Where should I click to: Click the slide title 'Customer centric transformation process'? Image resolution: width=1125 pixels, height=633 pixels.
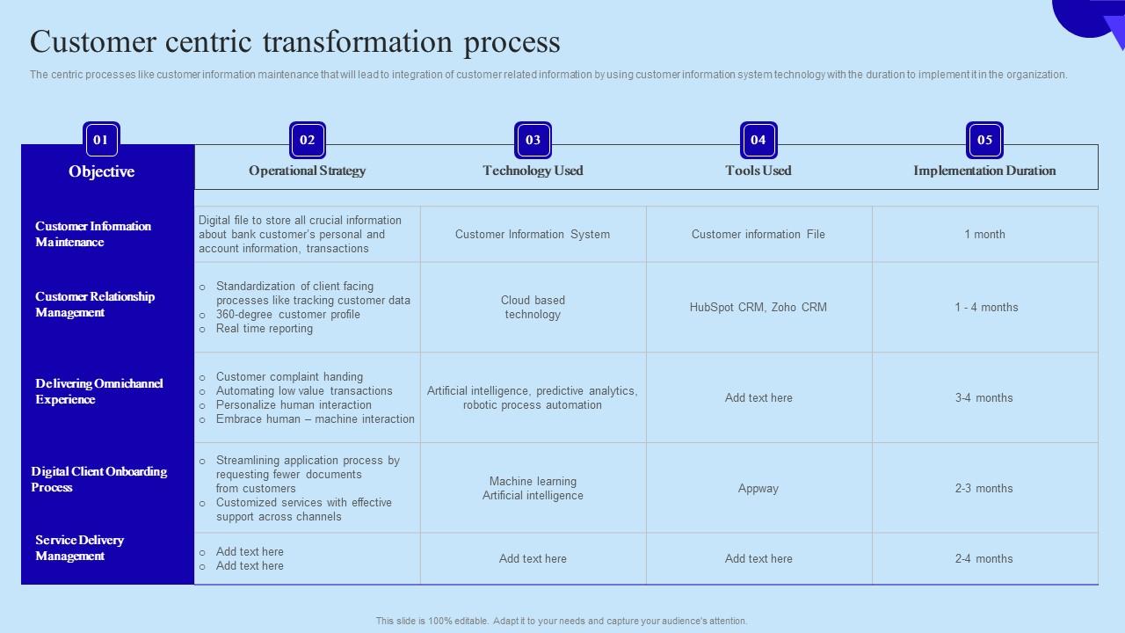point(294,42)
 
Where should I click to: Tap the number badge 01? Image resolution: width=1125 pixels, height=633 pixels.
point(101,140)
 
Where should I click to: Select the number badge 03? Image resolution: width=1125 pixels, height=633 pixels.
point(533,140)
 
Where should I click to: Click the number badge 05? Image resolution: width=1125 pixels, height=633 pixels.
point(984,140)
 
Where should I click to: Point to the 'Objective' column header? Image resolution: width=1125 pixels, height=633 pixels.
point(102,171)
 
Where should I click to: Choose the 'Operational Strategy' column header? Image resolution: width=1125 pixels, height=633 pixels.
point(307,171)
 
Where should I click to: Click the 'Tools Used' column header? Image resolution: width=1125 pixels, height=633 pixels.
point(758,171)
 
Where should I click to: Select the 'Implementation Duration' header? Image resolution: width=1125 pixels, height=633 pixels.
point(984,171)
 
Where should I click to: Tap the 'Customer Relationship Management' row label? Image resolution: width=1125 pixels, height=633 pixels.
point(95,304)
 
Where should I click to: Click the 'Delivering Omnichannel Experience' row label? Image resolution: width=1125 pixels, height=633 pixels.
point(98,391)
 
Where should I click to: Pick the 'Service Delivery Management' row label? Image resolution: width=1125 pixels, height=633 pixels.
point(79,548)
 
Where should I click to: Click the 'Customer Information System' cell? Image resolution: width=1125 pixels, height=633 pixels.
point(533,235)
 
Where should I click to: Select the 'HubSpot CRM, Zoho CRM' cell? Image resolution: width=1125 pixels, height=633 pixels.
point(758,308)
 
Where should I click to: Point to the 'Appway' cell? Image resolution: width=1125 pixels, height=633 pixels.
point(758,489)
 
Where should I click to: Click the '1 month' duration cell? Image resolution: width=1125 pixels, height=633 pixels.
point(984,235)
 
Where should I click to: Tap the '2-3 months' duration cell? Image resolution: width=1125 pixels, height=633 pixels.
point(984,489)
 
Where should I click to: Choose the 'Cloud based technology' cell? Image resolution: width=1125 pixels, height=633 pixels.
point(533,308)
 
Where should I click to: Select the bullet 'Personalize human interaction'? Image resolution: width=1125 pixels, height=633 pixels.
point(294,405)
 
